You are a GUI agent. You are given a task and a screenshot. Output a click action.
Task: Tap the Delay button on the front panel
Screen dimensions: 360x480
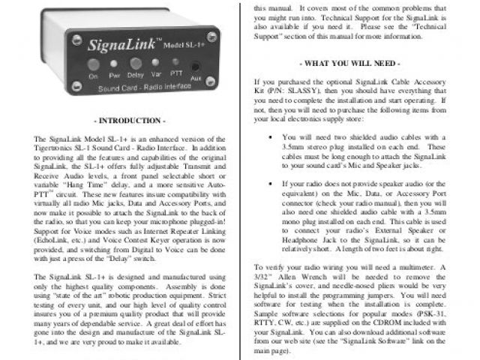tap(136, 64)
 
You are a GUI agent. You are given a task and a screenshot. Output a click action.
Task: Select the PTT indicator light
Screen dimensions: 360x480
tap(175, 63)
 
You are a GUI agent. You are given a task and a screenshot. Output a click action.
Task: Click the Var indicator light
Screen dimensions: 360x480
tap(156, 64)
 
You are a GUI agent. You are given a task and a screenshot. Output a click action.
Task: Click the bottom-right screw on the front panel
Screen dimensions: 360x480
tap(214, 88)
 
